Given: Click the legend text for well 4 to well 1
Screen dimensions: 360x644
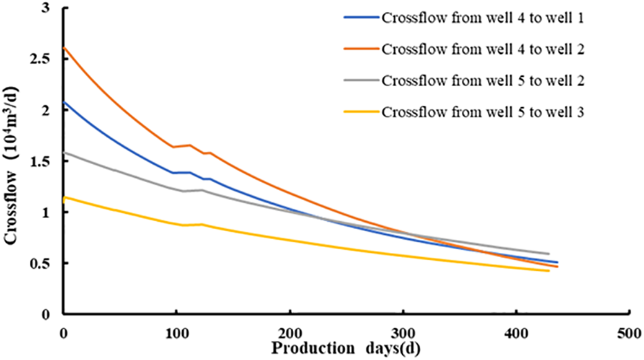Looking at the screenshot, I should tap(483, 17).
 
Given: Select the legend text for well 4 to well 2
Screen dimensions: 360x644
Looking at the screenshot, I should tap(483, 48).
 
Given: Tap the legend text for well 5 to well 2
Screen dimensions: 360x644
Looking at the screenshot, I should tap(483, 81).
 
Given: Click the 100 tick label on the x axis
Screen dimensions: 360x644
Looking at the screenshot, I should tap(176, 333).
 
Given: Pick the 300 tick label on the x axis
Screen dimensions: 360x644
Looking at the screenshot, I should tap(403, 333).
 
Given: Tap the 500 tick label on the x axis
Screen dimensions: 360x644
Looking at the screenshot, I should tap(629, 333).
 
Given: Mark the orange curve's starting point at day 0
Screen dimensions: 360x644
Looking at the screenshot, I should tap(64, 48).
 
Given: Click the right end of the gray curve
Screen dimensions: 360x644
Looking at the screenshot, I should tap(549, 253).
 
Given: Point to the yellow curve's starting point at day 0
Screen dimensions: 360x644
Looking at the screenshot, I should tap(64, 198).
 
